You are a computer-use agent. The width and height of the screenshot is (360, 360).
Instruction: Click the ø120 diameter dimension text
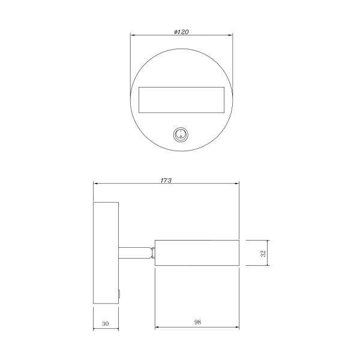coord(181,32)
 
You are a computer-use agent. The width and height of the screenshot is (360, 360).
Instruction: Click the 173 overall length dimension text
coord(166,181)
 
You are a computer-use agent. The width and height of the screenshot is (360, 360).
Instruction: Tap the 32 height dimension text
coord(263,253)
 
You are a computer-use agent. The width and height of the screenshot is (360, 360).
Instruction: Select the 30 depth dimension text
coord(105,324)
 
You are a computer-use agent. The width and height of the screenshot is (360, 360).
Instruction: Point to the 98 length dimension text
coord(197,322)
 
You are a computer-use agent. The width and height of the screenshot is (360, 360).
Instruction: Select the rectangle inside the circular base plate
coord(181,100)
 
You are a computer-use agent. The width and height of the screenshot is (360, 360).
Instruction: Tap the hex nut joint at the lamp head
coord(153,253)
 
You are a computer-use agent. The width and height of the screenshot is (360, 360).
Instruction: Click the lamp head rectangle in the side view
coord(197,253)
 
